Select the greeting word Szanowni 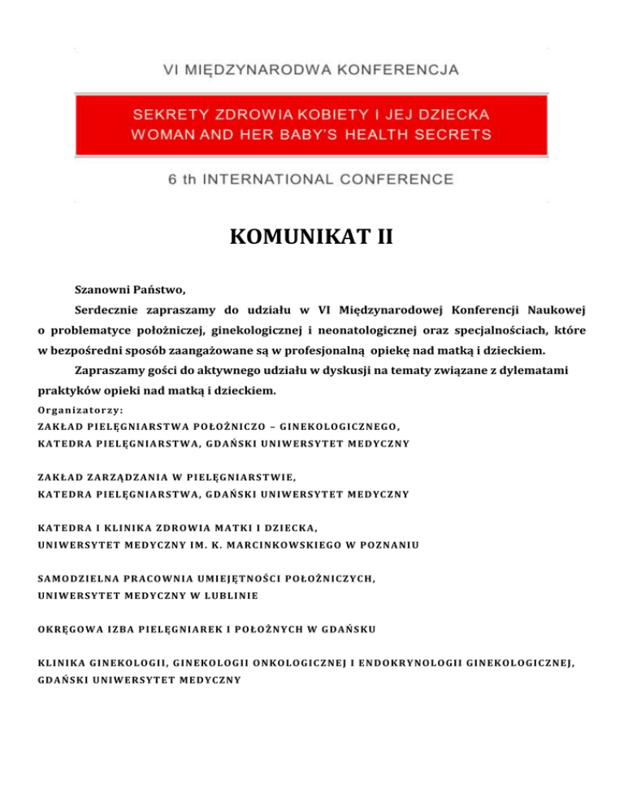[101, 289]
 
